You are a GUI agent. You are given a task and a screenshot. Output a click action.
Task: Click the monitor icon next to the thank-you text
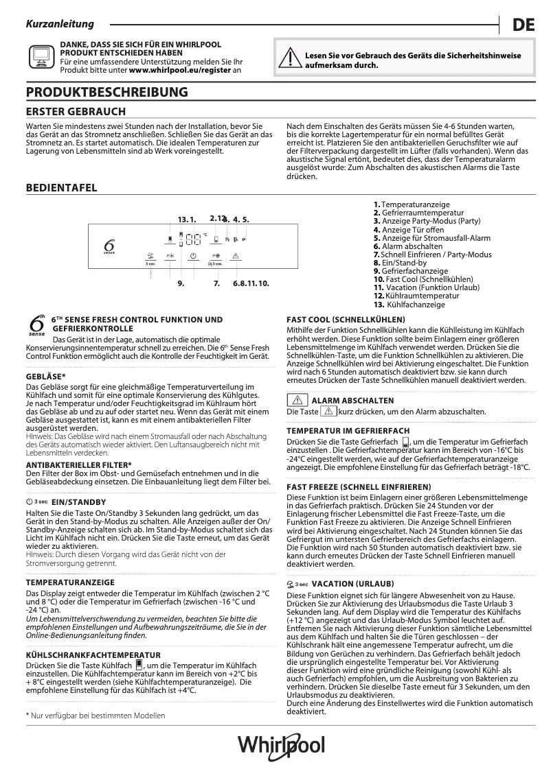(x=39, y=56)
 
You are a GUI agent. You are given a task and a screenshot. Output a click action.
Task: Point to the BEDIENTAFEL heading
(x=61, y=188)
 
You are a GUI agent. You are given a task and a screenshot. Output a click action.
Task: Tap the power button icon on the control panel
(x=193, y=255)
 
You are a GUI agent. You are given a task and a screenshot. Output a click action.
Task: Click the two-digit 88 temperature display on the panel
(x=192, y=239)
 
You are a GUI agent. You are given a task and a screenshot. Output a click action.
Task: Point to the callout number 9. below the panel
(x=181, y=283)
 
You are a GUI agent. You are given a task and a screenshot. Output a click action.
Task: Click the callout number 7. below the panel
(x=216, y=283)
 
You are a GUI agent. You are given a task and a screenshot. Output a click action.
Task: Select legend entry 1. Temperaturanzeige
(x=412, y=204)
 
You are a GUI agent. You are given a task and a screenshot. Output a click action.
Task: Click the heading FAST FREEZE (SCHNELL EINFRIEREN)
(x=353, y=486)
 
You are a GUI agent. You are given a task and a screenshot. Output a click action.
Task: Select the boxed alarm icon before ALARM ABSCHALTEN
(x=297, y=400)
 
